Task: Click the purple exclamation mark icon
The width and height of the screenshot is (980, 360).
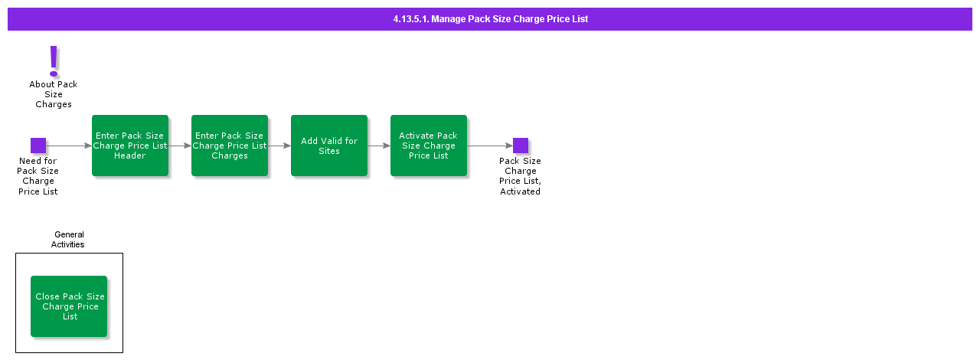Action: (x=54, y=61)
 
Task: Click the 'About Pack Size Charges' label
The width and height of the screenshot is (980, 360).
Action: (x=54, y=94)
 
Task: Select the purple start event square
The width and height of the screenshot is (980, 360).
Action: (x=38, y=146)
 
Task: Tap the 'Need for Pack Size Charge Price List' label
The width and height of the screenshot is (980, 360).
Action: (x=38, y=176)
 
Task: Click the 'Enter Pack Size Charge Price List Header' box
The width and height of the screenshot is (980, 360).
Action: (x=130, y=146)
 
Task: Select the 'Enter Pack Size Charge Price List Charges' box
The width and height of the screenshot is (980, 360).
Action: (x=230, y=146)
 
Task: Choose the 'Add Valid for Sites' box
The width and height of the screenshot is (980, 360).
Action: (x=329, y=146)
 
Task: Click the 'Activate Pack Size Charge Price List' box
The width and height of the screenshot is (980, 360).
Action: (x=429, y=146)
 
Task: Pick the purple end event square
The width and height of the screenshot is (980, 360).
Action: (x=521, y=146)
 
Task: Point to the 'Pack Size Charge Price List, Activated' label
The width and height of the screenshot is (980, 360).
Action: (x=521, y=176)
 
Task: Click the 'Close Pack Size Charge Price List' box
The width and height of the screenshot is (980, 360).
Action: (x=69, y=306)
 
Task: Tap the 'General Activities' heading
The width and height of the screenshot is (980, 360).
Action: (x=69, y=240)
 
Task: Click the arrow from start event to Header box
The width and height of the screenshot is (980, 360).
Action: (x=69, y=146)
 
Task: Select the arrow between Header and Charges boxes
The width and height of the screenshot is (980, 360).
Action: (x=180, y=146)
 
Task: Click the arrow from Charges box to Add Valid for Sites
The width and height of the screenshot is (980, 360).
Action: (x=279, y=146)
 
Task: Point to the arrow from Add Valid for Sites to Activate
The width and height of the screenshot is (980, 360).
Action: (x=379, y=146)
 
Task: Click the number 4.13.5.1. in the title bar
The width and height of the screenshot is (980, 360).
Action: (x=410, y=19)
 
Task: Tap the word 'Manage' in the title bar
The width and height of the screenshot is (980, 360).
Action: (x=448, y=19)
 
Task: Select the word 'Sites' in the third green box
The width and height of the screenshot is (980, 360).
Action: (x=329, y=151)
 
